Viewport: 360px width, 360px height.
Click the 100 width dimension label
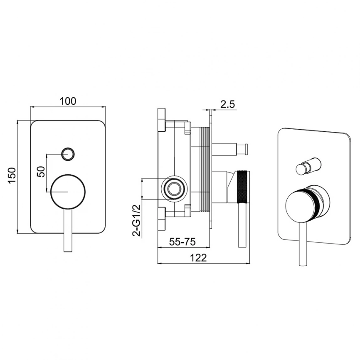68,101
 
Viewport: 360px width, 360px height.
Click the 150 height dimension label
12,175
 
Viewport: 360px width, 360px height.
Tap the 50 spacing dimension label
41,172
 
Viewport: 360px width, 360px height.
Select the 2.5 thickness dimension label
228,104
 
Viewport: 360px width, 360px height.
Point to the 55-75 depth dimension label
182,242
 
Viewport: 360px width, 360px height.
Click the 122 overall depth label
199,258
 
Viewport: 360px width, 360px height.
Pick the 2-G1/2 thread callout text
137,220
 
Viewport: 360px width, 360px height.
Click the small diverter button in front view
68,153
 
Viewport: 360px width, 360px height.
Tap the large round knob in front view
68,192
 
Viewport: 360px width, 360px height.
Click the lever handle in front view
68,231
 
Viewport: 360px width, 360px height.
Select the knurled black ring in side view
242,186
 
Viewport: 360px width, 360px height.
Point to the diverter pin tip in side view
246,149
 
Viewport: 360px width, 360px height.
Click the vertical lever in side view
242,225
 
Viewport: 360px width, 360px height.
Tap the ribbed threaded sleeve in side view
205,169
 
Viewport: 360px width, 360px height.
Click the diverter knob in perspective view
308,166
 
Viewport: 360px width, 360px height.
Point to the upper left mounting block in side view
162,120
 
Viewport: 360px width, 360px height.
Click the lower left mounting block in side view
162,218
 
